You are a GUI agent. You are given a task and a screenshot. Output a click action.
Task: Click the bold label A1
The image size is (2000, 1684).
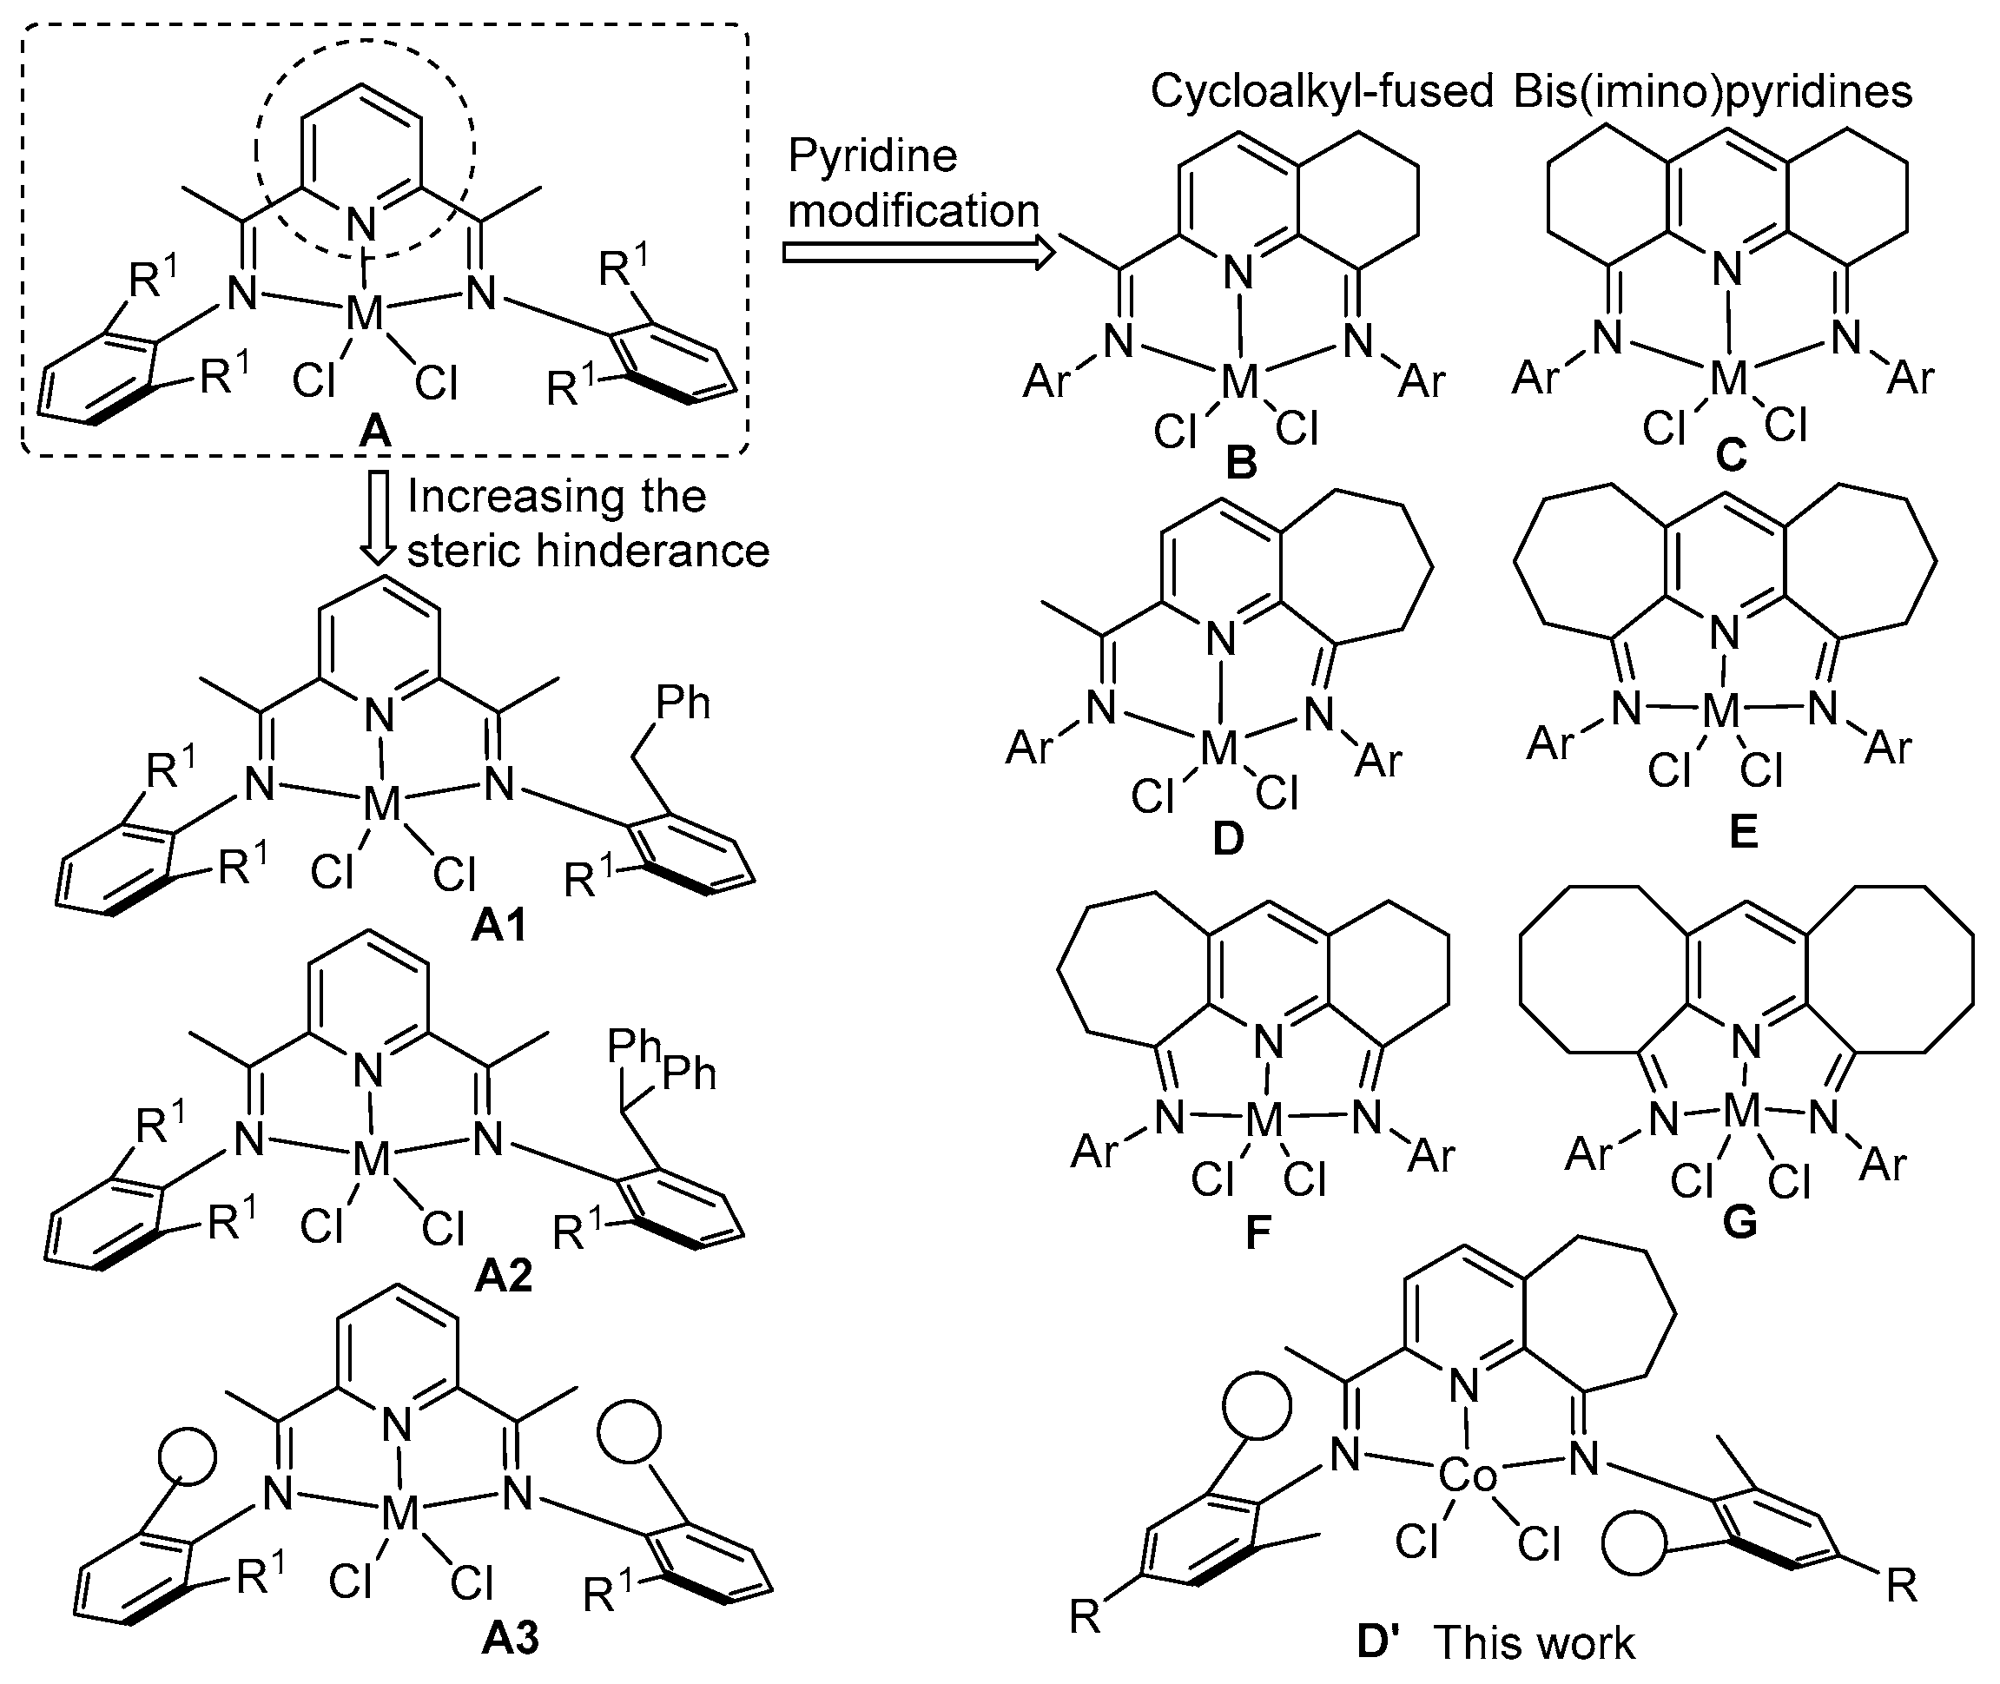(x=499, y=926)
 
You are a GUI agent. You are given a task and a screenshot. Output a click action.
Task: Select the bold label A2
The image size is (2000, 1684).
(x=503, y=1277)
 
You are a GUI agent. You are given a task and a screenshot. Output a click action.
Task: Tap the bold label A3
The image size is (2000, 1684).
(x=511, y=1638)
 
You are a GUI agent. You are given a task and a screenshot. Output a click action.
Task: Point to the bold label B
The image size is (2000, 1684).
(x=1241, y=465)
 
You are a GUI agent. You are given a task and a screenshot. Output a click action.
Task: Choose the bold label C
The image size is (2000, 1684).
(x=1731, y=456)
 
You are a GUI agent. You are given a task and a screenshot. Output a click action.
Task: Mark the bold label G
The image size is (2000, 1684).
(x=1740, y=1223)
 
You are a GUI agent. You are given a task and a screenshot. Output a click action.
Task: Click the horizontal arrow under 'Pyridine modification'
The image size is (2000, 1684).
(x=917, y=253)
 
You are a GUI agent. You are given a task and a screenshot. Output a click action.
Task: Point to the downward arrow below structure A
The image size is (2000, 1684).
(x=379, y=517)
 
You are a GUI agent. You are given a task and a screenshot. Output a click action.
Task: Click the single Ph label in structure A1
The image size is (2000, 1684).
(x=683, y=703)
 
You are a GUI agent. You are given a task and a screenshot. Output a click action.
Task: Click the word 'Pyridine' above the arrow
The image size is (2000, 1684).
(x=873, y=155)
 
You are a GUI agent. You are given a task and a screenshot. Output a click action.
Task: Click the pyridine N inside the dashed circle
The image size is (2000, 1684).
(x=362, y=224)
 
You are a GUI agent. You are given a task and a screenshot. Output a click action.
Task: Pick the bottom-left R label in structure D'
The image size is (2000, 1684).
(x=1086, y=1617)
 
